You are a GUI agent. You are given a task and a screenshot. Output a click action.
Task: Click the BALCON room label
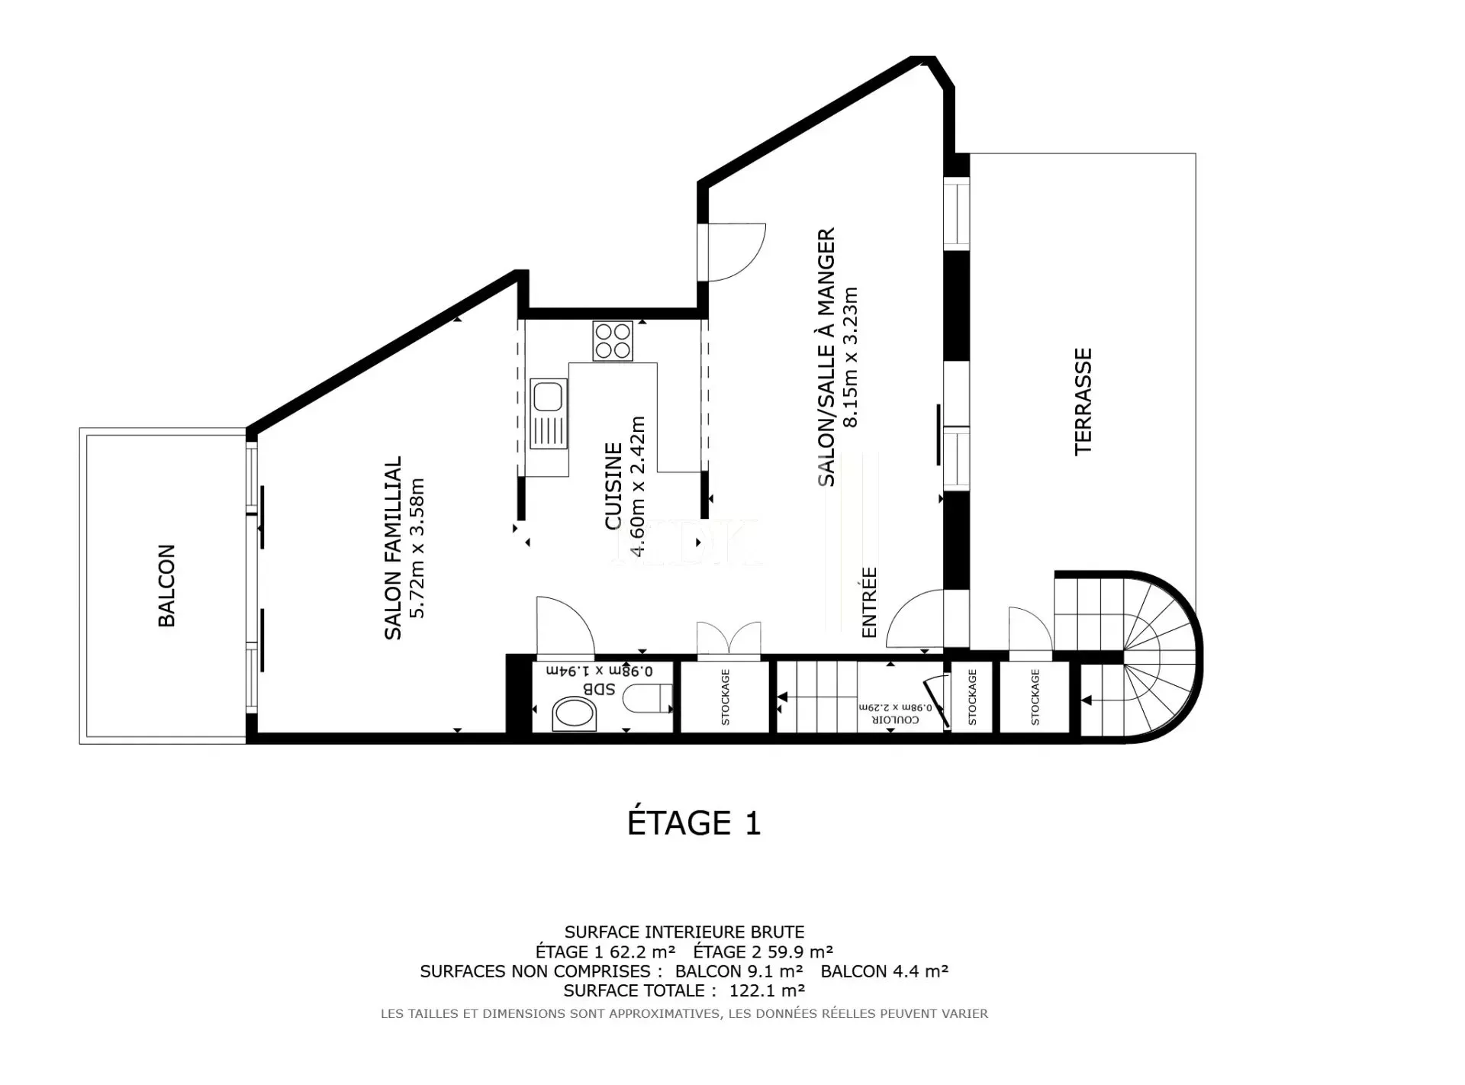[x=166, y=586]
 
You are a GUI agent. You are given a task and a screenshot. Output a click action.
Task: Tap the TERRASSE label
[x=1083, y=402]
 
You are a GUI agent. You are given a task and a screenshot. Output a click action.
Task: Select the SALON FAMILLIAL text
[x=392, y=548]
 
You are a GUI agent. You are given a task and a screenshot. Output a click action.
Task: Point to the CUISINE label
[x=613, y=486]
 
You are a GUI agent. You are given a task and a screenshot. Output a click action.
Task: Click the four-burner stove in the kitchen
[x=613, y=340]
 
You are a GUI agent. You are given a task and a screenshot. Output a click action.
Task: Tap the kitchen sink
[x=549, y=413]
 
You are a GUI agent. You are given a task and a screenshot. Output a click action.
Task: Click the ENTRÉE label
[x=869, y=603]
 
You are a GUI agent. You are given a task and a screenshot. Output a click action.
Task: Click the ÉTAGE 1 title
[x=694, y=823]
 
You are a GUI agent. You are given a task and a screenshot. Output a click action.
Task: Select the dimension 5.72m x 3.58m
[x=417, y=549]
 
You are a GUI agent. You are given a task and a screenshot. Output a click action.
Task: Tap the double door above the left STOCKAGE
[x=729, y=639]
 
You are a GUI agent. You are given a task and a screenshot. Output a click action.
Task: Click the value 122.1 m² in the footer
[x=768, y=990]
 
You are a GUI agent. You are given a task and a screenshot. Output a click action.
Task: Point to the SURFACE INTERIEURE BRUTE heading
[x=684, y=932]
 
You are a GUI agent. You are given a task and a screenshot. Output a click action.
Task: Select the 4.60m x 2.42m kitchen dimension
[x=637, y=486]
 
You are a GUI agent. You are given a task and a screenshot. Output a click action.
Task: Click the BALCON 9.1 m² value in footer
[x=739, y=971]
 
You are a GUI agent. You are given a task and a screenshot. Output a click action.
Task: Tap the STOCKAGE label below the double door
[x=726, y=697]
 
